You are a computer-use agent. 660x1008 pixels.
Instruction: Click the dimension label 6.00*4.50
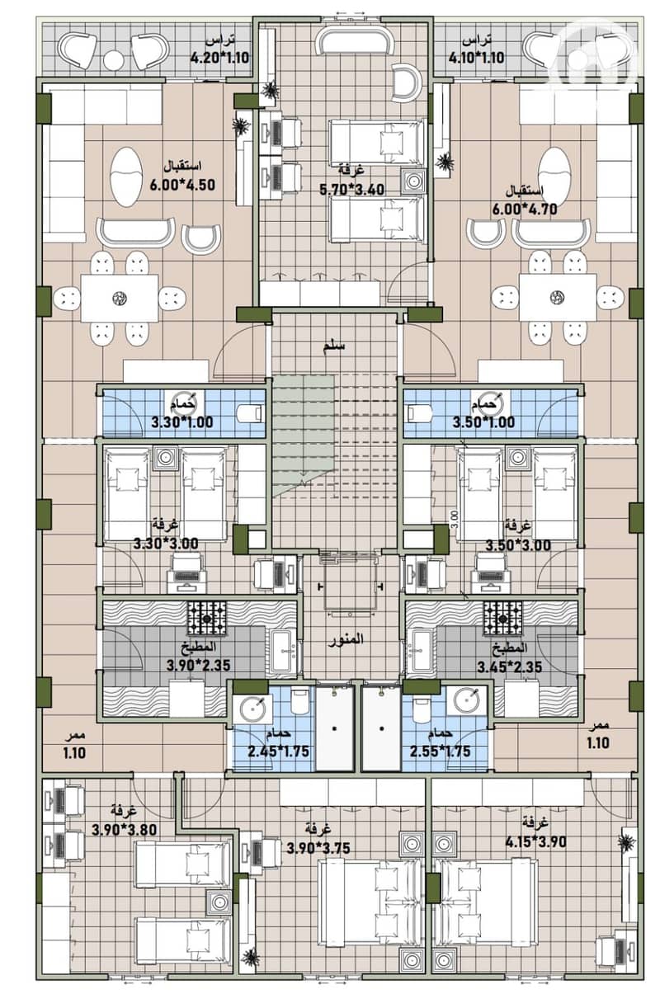coord(182,185)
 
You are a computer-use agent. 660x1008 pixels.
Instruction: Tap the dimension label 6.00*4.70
coord(525,210)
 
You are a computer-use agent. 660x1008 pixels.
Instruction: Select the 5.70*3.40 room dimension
coord(352,190)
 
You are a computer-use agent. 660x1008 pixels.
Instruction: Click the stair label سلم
coord(334,346)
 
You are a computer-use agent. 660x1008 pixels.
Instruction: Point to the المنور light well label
coord(346,639)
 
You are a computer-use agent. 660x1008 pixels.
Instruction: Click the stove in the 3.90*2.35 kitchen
coord(207,619)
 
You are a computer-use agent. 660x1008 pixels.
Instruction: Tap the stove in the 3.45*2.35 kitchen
coord(503,619)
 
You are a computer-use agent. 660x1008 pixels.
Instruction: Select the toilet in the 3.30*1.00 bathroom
coord(250,412)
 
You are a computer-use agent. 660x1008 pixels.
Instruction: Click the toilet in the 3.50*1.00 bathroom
coord(420,412)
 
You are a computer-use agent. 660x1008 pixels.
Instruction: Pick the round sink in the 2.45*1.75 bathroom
coord(253,709)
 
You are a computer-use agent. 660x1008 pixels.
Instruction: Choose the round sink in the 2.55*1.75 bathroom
coord(467,699)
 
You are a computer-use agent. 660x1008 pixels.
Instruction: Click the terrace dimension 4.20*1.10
coord(219,58)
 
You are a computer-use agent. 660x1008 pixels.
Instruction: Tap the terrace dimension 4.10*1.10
coord(476,58)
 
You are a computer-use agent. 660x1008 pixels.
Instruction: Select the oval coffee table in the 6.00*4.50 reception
coord(126,177)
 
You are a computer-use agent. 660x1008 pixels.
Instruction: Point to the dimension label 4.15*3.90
coord(535,841)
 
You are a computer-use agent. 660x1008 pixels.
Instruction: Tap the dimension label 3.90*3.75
coord(318,848)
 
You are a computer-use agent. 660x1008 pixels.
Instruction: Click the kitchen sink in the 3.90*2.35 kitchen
coord(283,651)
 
